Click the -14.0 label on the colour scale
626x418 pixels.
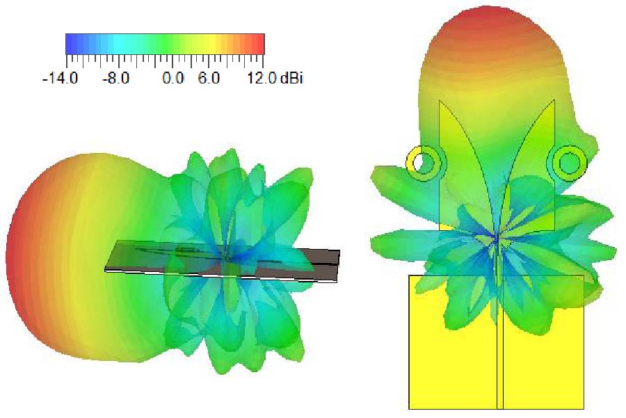pos(61,78)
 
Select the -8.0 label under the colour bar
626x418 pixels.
pos(115,78)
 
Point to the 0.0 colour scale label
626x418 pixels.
pos(173,78)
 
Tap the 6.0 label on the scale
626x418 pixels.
pos(209,78)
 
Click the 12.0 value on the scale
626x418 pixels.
pos(262,78)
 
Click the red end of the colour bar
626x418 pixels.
pos(259,44)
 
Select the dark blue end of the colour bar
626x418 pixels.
pos(71,44)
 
